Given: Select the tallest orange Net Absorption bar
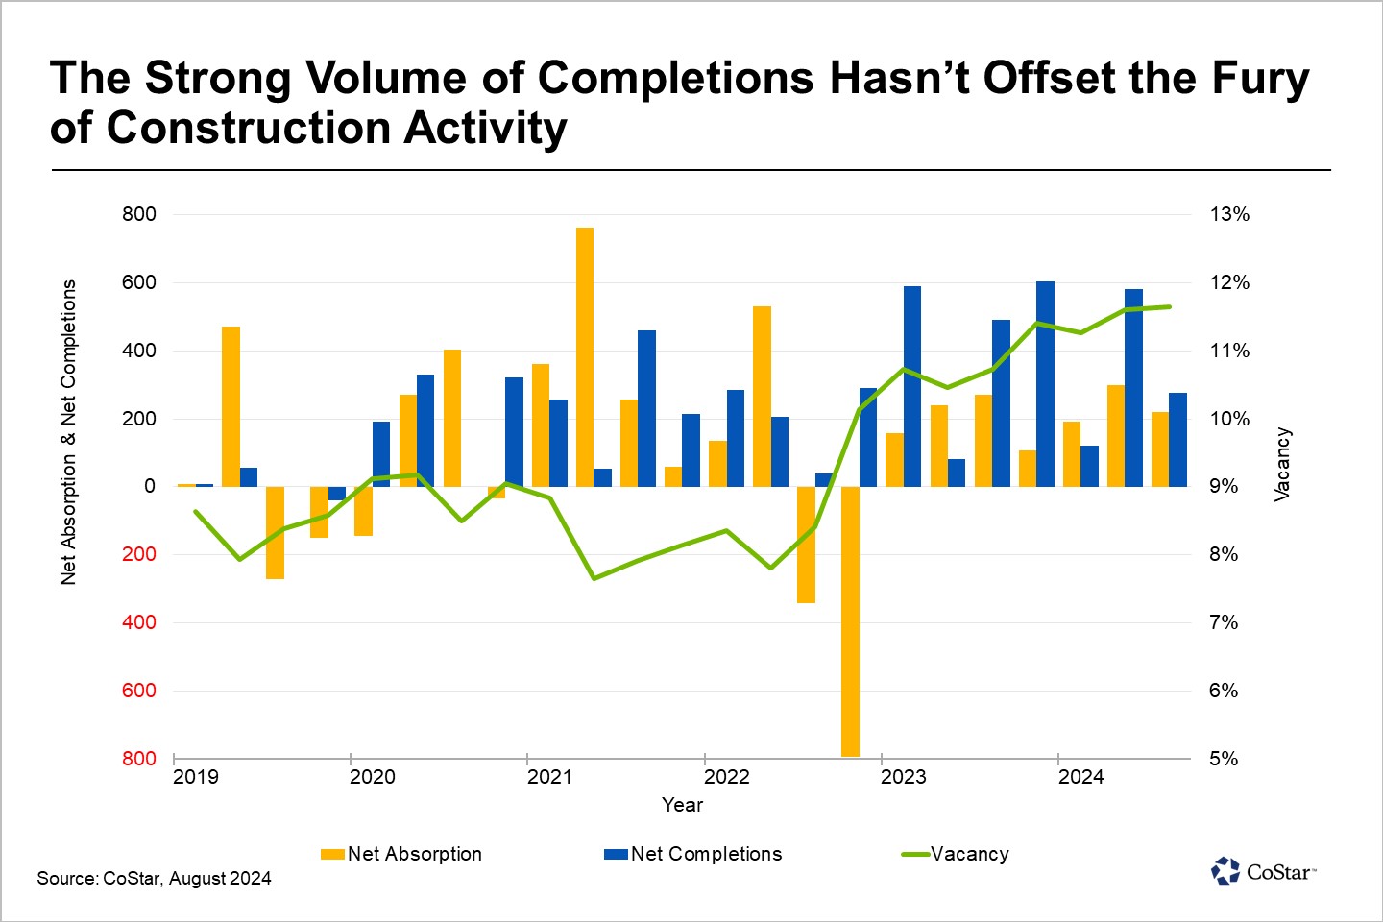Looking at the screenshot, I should click(585, 356).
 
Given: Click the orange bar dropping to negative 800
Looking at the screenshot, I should click(850, 620).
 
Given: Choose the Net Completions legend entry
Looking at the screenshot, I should click(693, 854).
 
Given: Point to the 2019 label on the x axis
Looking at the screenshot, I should click(196, 777).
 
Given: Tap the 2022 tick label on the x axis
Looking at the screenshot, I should click(727, 777).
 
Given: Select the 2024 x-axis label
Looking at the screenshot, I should click(1081, 777).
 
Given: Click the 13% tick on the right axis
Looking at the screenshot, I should click(1229, 214).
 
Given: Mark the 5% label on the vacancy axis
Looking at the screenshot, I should click(1224, 759).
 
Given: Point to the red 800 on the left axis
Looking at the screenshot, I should click(139, 759).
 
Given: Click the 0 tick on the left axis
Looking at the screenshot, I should click(150, 486).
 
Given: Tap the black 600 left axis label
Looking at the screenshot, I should click(139, 282).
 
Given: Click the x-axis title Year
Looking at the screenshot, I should click(683, 805).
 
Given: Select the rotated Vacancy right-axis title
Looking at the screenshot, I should click(1282, 465).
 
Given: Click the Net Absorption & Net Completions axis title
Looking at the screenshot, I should click(68, 432).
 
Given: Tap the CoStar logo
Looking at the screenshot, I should click(1263, 871).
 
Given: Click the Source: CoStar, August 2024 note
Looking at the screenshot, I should click(154, 878).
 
